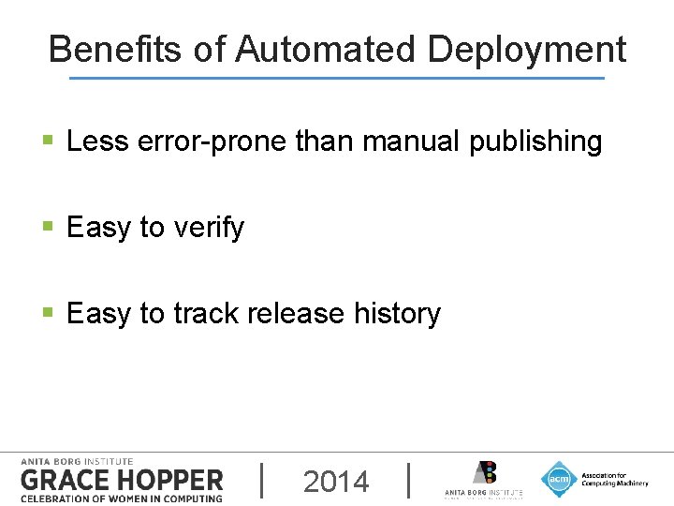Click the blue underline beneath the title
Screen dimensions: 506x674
[x=337, y=78]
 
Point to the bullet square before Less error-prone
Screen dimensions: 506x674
[x=49, y=142]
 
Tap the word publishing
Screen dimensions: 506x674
[x=535, y=142]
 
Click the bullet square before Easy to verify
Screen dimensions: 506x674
[x=49, y=228]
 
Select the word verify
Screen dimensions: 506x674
[x=209, y=228]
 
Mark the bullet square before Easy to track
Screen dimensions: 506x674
[x=49, y=314]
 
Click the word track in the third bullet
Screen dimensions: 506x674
[x=205, y=313]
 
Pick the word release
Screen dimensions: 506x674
[x=298, y=313]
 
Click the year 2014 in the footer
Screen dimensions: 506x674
[x=336, y=482]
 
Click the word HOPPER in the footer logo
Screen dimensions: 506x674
[x=168, y=480]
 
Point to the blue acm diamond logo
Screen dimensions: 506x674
[x=559, y=479]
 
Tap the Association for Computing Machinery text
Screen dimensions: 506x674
[x=614, y=479]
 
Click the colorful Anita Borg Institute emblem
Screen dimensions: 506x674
[x=483, y=472]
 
